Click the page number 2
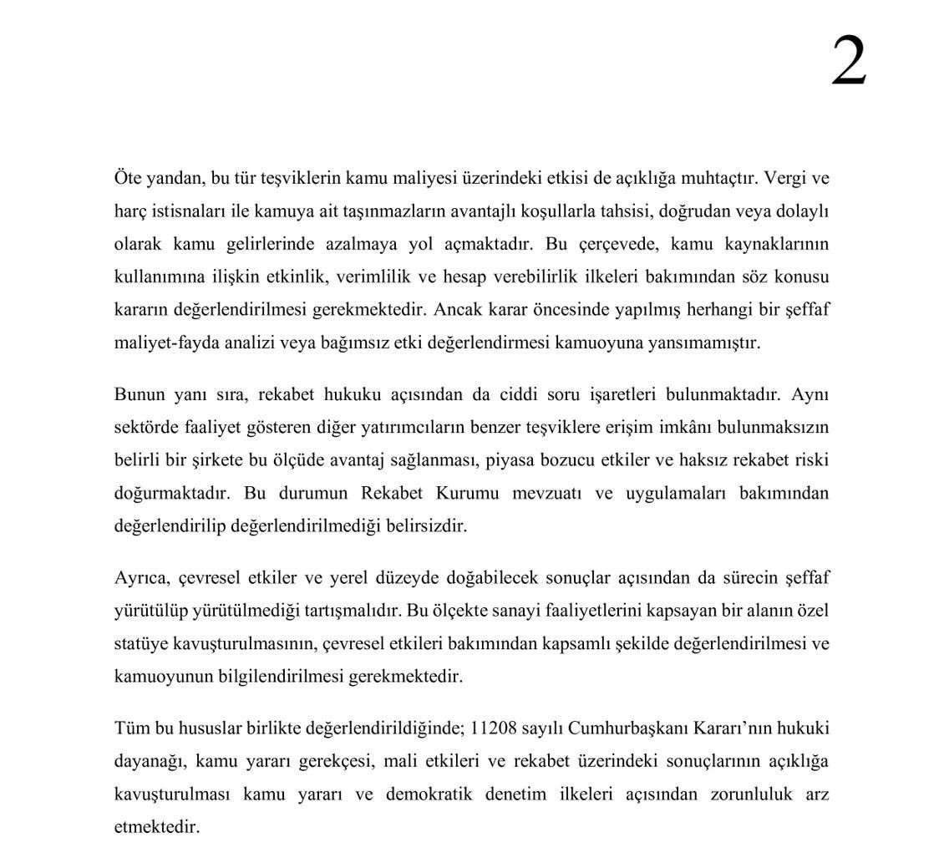(849, 61)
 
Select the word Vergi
(785, 178)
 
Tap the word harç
(130, 211)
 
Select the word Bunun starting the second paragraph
(139, 394)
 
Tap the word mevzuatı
(547, 493)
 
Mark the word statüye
(141, 644)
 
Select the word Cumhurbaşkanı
(628, 728)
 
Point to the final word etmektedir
(156, 827)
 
